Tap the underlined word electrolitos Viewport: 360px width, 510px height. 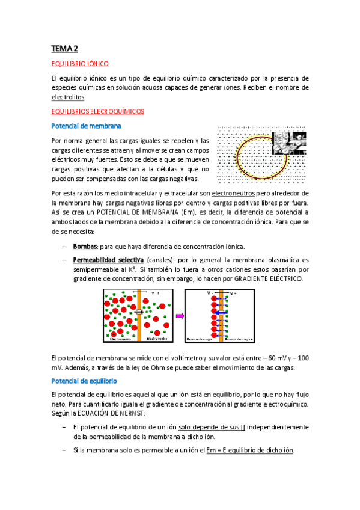pos(69,97)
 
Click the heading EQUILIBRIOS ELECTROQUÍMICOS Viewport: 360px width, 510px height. pos(97,111)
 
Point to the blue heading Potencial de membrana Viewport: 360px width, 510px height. pos(87,126)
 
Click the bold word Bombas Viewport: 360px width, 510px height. pos(85,247)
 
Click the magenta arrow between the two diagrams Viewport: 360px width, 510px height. pos(179,315)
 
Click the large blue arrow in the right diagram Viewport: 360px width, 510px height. pos(221,313)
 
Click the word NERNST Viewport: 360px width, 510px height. pos(138,414)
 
